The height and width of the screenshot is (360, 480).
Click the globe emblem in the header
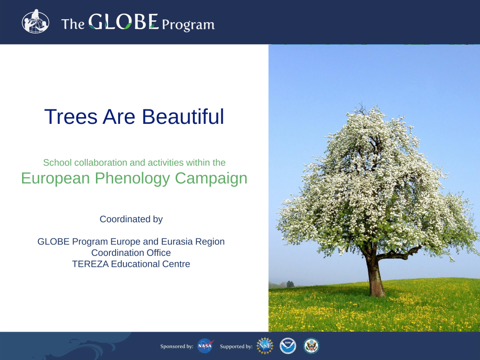point(36,22)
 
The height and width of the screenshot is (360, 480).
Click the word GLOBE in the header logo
point(123,22)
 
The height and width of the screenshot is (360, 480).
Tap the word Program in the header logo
point(188,25)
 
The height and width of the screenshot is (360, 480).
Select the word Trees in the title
point(71,117)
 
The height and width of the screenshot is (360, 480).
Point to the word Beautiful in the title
point(183,117)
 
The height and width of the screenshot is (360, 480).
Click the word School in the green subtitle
point(58,163)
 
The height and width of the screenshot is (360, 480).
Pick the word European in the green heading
point(55,179)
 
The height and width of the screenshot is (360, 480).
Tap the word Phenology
point(132,179)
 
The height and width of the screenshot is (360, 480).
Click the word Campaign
point(211,179)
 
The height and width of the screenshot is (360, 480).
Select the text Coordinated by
point(131,219)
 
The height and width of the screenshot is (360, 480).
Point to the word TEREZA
point(90,264)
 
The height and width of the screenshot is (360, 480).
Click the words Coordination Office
point(131,253)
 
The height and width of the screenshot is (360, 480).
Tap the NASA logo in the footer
point(205,346)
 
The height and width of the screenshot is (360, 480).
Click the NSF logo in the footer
point(265,346)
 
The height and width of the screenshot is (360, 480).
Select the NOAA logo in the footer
point(288,346)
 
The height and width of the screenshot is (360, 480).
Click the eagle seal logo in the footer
point(312,346)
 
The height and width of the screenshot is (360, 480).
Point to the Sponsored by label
point(177,347)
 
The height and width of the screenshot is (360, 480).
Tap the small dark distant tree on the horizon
point(290,284)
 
